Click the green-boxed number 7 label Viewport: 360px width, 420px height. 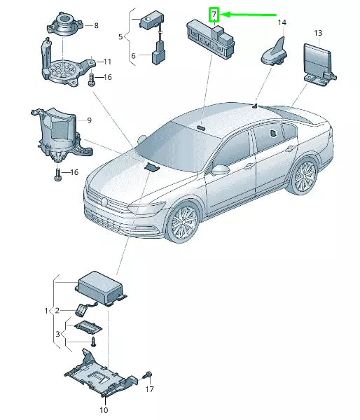tap(214, 15)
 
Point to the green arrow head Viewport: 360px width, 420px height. tap(225, 14)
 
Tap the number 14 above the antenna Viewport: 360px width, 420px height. tap(282, 22)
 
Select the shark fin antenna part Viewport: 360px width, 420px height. tap(275, 54)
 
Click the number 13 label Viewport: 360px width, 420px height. tap(318, 33)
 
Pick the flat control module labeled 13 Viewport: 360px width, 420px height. tap(319, 64)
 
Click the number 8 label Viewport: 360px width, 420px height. tap(96, 25)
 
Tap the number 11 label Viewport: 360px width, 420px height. tap(107, 62)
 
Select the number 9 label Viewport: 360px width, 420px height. tap(89, 120)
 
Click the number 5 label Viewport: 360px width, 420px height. tap(120, 36)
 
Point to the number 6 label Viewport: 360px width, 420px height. tap(133, 56)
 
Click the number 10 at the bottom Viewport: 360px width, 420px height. tap(104, 409)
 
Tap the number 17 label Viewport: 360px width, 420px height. tap(149, 389)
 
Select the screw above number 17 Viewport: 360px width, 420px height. tap(148, 374)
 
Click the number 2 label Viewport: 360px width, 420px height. tap(57, 310)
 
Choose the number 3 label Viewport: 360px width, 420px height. tap(57, 334)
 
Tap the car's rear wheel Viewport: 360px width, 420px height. tap(305, 176)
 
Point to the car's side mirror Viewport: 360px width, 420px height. tap(221, 170)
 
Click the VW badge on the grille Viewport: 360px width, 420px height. tap(104, 202)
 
